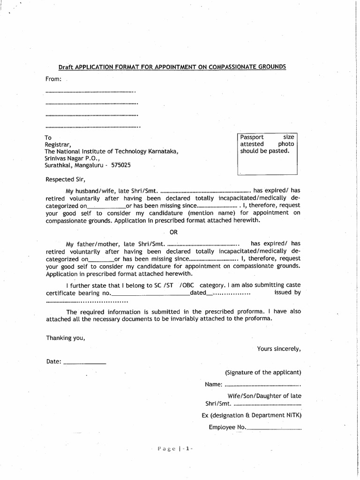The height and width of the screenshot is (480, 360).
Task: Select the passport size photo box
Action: coord(267,154)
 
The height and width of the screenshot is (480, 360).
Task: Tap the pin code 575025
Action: coord(121,165)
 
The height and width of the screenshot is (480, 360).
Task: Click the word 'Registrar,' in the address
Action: coord(57,145)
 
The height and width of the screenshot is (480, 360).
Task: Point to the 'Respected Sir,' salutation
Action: coord(66,179)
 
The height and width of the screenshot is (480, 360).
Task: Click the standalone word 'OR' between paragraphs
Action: coord(173,232)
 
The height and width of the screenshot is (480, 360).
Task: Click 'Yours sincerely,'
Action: coord(279,349)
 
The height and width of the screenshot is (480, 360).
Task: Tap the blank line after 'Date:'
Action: coord(84,362)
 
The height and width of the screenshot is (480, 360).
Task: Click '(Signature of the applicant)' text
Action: coord(262,373)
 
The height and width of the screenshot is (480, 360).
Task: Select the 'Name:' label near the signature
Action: coord(213,385)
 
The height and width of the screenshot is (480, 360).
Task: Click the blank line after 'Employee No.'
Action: coord(274,427)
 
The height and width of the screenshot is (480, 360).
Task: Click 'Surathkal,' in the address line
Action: coord(59,165)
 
